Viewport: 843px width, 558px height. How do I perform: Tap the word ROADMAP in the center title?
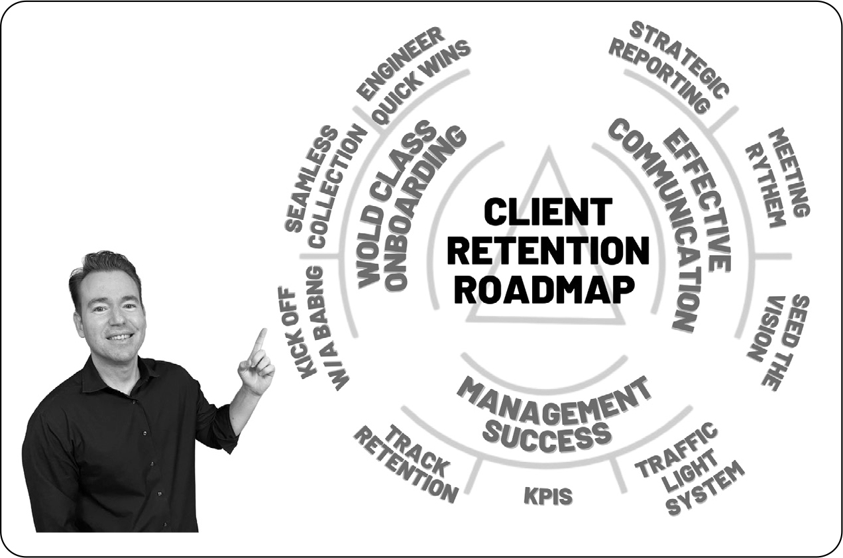[545, 290]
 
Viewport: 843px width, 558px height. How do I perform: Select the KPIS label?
[548, 496]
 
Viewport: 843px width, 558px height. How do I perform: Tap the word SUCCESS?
[547, 437]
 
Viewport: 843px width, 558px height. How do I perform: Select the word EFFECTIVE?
[697, 199]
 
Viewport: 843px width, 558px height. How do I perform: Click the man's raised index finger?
[259, 343]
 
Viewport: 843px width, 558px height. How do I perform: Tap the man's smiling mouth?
[120, 336]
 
